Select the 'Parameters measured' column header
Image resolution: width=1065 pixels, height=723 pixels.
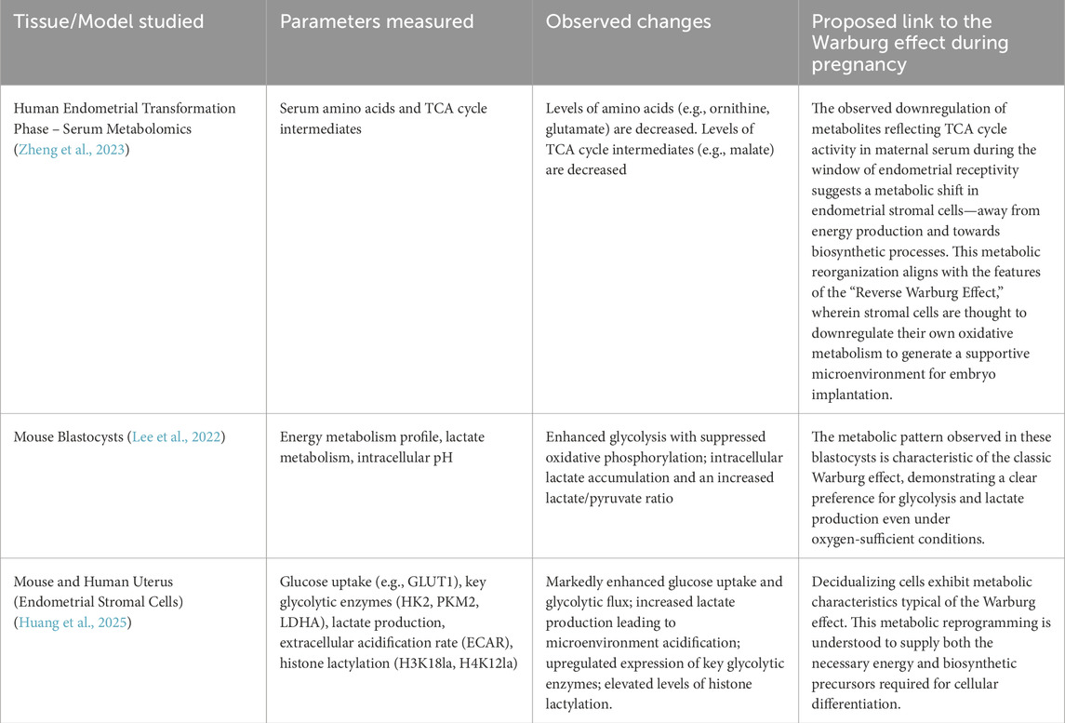(377, 20)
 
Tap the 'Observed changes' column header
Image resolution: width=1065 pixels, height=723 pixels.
(629, 20)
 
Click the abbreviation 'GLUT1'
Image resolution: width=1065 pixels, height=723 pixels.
(425, 582)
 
